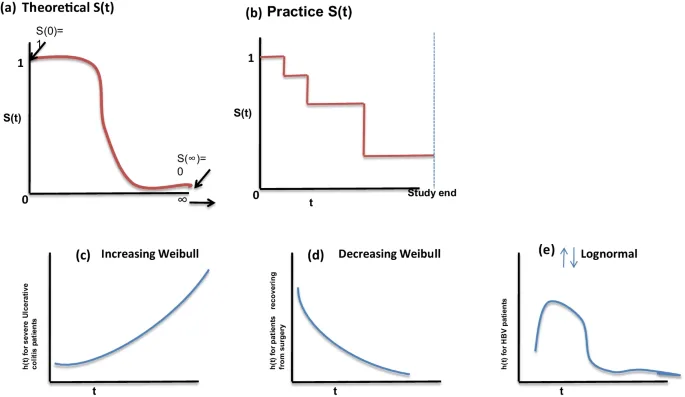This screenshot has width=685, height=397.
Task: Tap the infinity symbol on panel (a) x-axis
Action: click(182, 198)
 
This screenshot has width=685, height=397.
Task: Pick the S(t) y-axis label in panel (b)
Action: click(242, 113)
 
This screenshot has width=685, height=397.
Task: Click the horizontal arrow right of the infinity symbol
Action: click(205, 202)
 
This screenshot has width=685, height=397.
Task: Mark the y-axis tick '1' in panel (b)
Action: click(250, 57)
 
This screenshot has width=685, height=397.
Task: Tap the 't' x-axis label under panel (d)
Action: click(335, 389)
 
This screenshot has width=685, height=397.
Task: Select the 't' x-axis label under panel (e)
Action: click(561, 390)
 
